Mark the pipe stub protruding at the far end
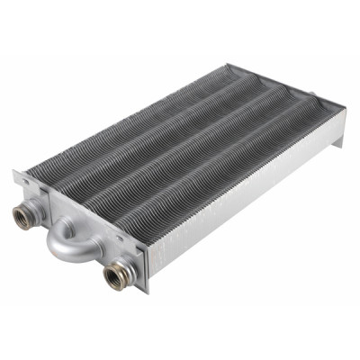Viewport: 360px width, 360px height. (311, 93)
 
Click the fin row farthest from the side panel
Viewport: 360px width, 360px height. (135, 117)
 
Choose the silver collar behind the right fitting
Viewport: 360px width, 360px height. (126, 268)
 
